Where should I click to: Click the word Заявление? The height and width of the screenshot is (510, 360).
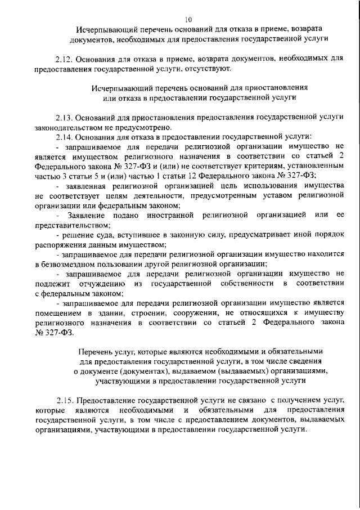pyautogui.click(x=87, y=216)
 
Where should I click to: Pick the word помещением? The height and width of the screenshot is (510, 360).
pyautogui.click(x=59, y=313)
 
